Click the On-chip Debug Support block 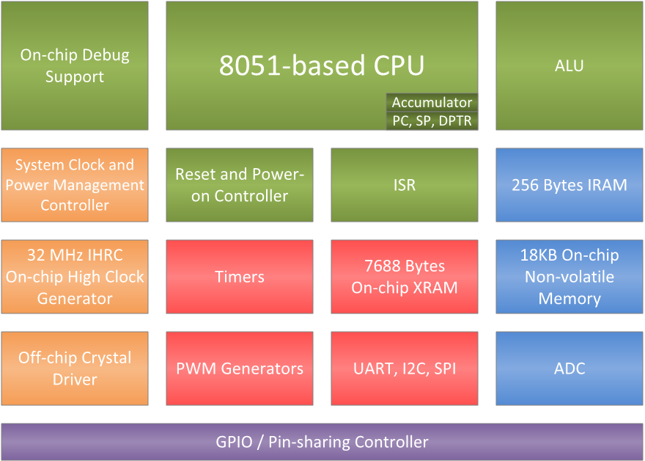[74, 65]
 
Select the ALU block [569, 65]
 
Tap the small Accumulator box [432, 103]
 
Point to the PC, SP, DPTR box [432, 121]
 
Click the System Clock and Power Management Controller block [74, 185]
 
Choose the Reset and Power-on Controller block [240, 185]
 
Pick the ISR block [404, 185]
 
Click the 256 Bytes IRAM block [569, 185]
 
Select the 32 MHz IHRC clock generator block [74, 277]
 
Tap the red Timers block [240, 277]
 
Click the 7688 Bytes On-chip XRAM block [404, 277]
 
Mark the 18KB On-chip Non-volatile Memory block [569, 277]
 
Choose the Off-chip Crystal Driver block [74, 369]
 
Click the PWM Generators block [240, 369]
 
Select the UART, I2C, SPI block [404, 369]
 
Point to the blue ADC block [569, 369]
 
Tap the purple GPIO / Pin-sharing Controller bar [322, 442]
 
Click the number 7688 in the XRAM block [381, 266]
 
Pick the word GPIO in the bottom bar [234, 442]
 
